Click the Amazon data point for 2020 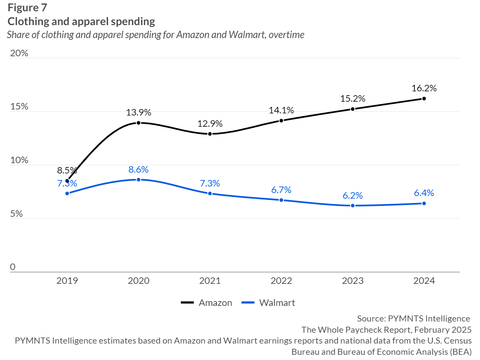[x=138, y=123]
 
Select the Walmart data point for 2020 [x=138, y=180]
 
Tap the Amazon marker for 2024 [x=424, y=99]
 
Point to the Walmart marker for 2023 [x=352, y=206]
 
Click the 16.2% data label [x=424, y=88]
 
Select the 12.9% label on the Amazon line [x=210, y=123]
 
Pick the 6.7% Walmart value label [x=281, y=190]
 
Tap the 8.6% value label [x=138, y=169]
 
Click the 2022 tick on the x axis [x=281, y=281]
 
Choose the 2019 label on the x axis [x=67, y=281]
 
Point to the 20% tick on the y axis [x=19, y=53]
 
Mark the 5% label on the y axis [x=16, y=214]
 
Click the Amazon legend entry [x=207, y=303]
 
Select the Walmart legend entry [x=268, y=303]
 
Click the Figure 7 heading [x=27, y=8]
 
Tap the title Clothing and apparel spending [x=81, y=21]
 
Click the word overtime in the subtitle [x=286, y=35]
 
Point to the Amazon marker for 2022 [x=281, y=121]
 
